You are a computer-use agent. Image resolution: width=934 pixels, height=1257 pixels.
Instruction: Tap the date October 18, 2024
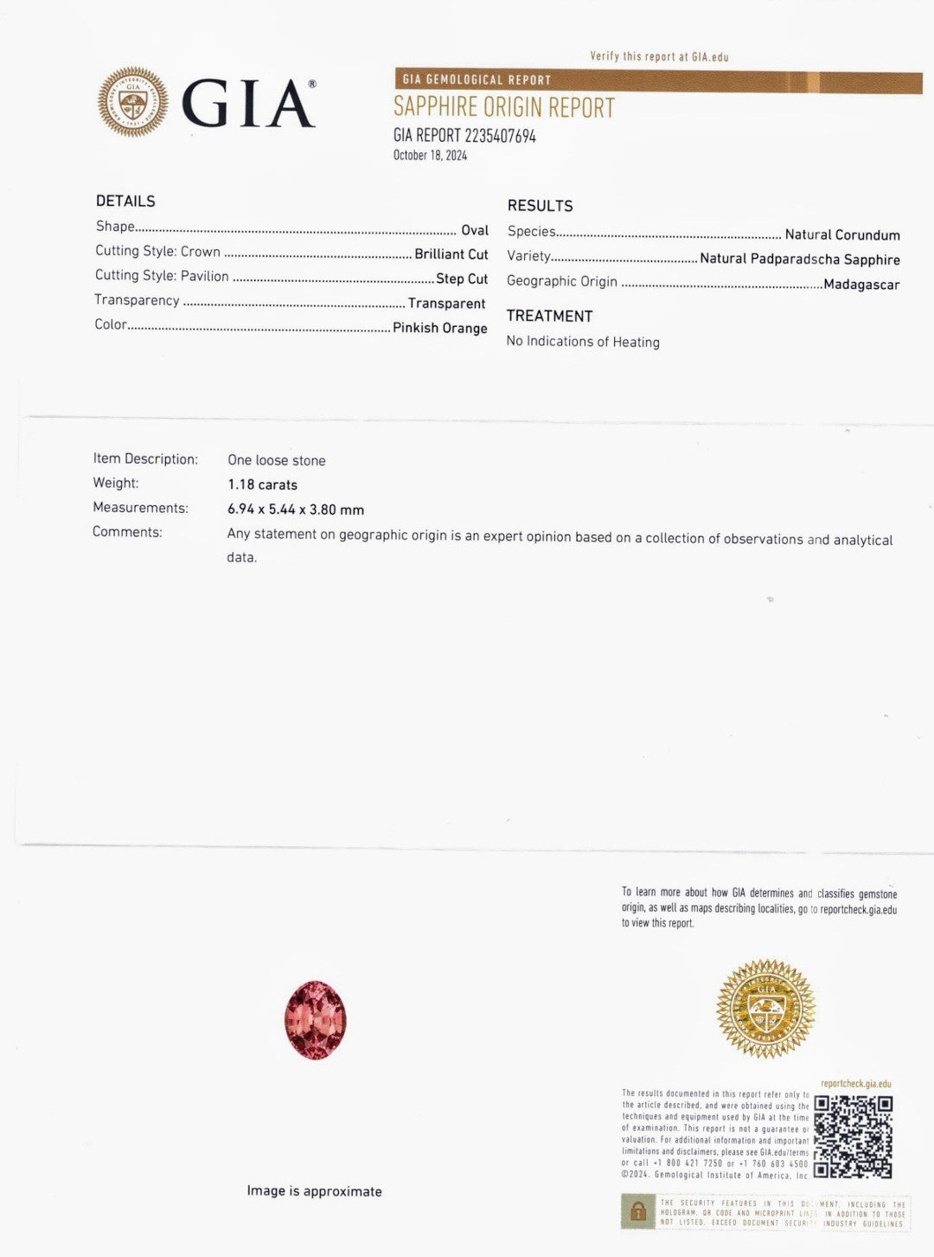[430, 156]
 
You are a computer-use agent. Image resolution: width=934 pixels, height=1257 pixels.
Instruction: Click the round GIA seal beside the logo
[133, 102]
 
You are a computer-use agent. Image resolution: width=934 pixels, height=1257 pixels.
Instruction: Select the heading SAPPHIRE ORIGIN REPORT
[504, 108]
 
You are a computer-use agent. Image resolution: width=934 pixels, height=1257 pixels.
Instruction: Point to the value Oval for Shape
[475, 230]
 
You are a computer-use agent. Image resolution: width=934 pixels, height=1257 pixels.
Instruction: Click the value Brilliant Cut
[451, 254]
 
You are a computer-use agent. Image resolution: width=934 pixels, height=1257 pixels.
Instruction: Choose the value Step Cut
[462, 279]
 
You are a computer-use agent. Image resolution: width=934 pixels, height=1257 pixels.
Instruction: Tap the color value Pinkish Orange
[439, 328]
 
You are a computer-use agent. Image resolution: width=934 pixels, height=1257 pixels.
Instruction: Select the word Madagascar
[861, 285]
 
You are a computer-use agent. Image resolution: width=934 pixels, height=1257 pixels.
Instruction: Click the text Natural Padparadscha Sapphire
[799, 260]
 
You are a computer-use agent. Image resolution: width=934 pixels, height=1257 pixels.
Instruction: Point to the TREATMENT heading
[549, 317]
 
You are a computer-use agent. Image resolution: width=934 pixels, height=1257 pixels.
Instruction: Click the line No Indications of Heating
[583, 342]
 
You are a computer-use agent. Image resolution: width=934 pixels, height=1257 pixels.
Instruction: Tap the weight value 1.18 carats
[262, 485]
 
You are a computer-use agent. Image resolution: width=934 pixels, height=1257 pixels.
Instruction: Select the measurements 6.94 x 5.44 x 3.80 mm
[296, 510]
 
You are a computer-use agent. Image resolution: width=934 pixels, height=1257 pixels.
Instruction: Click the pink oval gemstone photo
[316, 1020]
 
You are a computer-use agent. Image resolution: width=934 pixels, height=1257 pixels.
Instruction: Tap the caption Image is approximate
[314, 1191]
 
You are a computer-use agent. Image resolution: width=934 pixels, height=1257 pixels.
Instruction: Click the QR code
[853, 1137]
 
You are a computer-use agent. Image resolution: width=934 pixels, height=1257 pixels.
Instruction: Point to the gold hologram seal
[765, 1009]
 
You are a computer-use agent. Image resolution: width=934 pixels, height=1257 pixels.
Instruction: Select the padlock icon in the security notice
[638, 1211]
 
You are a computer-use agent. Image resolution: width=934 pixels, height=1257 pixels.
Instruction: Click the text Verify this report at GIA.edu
[659, 57]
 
